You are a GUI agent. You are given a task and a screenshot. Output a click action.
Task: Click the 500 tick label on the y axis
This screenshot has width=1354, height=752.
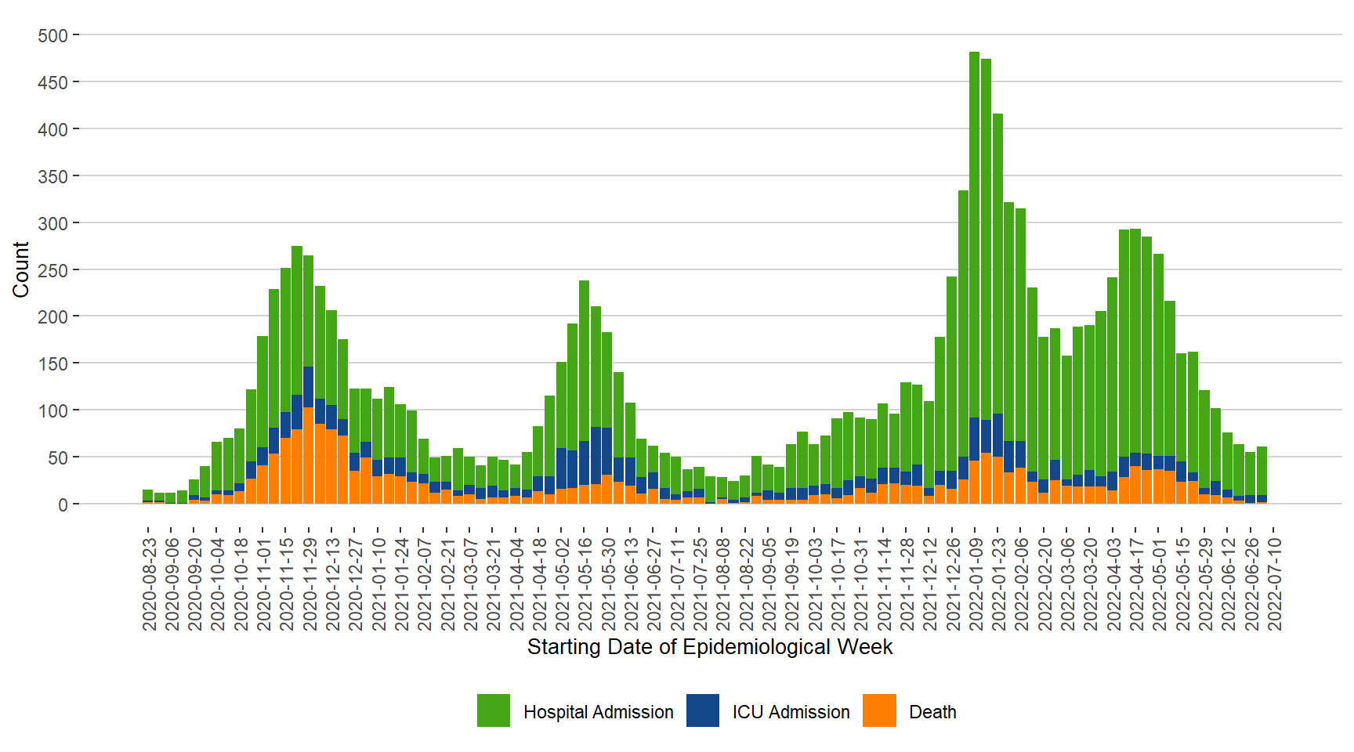pyautogui.click(x=52, y=36)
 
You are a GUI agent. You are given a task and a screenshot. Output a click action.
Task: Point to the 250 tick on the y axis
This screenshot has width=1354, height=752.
pyautogui.click(x=52, y=270)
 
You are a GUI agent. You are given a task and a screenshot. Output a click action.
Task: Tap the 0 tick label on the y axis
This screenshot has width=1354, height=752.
pyautogui.click(x=63, y=504)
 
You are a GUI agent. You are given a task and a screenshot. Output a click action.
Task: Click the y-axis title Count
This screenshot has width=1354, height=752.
pyautogui.click(x=21, y=269)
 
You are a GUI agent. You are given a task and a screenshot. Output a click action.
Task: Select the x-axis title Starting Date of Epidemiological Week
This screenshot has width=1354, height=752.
pyautogui.click(x=709, y=647)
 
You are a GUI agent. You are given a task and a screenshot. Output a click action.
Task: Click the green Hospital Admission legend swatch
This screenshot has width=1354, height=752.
pyautogui.click(x=494, y=710)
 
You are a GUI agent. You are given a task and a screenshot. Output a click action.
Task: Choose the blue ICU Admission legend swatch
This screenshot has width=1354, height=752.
pyautogui.click(x=703, y=710)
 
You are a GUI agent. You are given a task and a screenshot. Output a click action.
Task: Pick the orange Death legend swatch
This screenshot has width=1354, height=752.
pyautogui.click(x=879, y=710)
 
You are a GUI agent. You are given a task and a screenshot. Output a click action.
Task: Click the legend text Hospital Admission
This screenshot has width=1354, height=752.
pyautogui.click(x=598, y=712)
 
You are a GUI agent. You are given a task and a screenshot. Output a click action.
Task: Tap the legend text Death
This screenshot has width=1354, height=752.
pyautogui.click(x=932, y=712)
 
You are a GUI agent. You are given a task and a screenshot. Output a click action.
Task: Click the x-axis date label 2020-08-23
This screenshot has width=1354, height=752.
pyautogui.click(x=149, y=584)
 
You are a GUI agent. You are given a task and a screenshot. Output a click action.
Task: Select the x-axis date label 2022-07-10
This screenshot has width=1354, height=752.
pyautogui.click(x=1275, y=584)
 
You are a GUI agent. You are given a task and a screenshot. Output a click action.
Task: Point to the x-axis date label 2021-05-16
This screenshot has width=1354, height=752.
pyautogui.click(x=585, y=584)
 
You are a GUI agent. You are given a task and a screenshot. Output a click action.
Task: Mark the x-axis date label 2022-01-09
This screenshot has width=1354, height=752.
pyautogui.click(x=976, y=584)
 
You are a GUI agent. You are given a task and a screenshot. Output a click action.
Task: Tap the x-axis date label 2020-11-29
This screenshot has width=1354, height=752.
pyautogui.click(x=310, y=584)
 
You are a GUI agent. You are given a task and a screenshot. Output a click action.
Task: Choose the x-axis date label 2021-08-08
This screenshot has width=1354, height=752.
pyautogui.click(x=723, y=584)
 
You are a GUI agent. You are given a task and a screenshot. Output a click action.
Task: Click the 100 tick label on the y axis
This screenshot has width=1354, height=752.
pyautogui.click(x=52, y=411)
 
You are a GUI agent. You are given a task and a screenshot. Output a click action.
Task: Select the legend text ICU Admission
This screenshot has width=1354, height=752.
pyautogui.click(x=791, y=712)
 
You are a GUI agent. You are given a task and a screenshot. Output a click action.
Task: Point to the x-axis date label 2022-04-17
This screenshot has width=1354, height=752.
pyautogui.click(x=1136, y=584)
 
